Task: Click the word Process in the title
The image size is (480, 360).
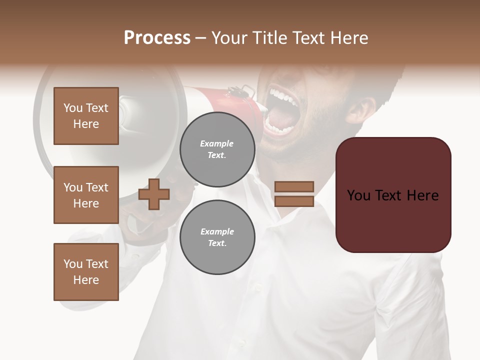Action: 157,38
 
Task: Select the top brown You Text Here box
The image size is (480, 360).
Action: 86,116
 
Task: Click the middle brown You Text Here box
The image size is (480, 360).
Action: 86,195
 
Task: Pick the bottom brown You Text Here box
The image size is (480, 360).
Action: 86,272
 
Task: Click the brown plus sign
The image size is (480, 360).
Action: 154,194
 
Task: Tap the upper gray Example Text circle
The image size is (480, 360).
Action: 217,149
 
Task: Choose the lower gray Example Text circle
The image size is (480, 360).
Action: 217,237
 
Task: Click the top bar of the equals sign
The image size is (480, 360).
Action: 294,186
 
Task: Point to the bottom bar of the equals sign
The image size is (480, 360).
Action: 294,201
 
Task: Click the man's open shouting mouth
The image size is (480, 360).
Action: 282,112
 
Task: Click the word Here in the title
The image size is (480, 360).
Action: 349,38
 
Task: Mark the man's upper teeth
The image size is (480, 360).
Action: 281,95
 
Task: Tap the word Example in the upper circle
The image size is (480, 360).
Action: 217,143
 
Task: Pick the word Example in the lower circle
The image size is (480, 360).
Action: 217,231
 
